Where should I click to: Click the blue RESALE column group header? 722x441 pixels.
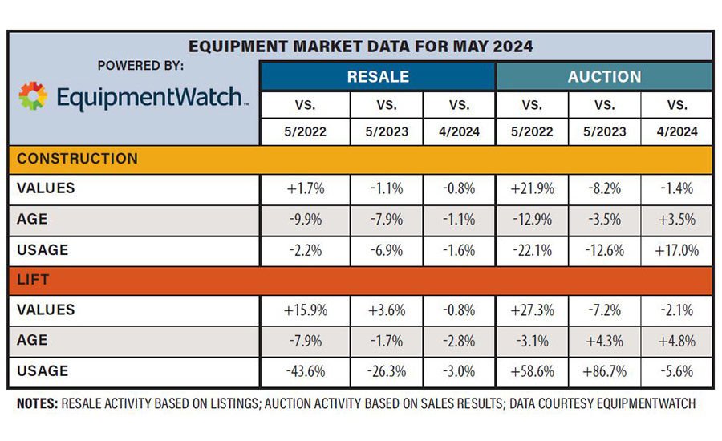click(x=377, y=77)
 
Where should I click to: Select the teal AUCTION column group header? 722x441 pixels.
click(x=604, y=77)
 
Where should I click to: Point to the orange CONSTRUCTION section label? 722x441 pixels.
click(x=77, y=158)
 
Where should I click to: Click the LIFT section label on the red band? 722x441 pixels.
click(x=33, y=280)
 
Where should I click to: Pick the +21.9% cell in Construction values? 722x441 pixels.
click(x=532, y=189)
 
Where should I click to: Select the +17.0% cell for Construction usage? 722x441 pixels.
click(x=676, y=250)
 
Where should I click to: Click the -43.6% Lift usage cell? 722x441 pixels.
click(x=305, y=372)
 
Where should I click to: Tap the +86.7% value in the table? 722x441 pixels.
click(x=604, y=372)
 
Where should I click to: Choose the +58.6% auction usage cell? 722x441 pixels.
click(x=532, y=372)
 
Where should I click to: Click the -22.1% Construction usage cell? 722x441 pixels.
click(x=532, y=250)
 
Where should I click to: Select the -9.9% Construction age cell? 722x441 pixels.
click(x=305, y=220)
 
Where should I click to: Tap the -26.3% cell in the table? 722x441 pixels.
click(x=386, y=372)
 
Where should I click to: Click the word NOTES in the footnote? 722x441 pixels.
click(x=36, y=404)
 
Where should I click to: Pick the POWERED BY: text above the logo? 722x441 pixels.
click(x=140, y=66)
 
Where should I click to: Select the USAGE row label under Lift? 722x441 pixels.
click(x=43, y=371)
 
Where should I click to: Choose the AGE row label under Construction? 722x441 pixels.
click(x=31, y=219)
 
